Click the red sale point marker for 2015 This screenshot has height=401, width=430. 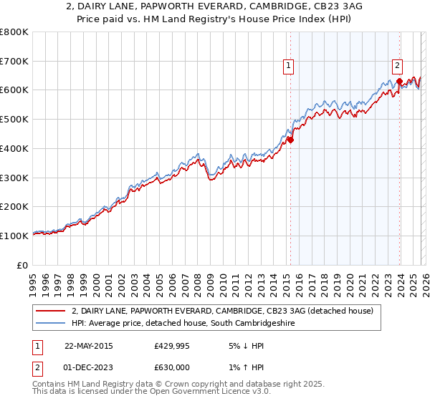[290, 140]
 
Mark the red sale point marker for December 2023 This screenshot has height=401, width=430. [398, 82]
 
